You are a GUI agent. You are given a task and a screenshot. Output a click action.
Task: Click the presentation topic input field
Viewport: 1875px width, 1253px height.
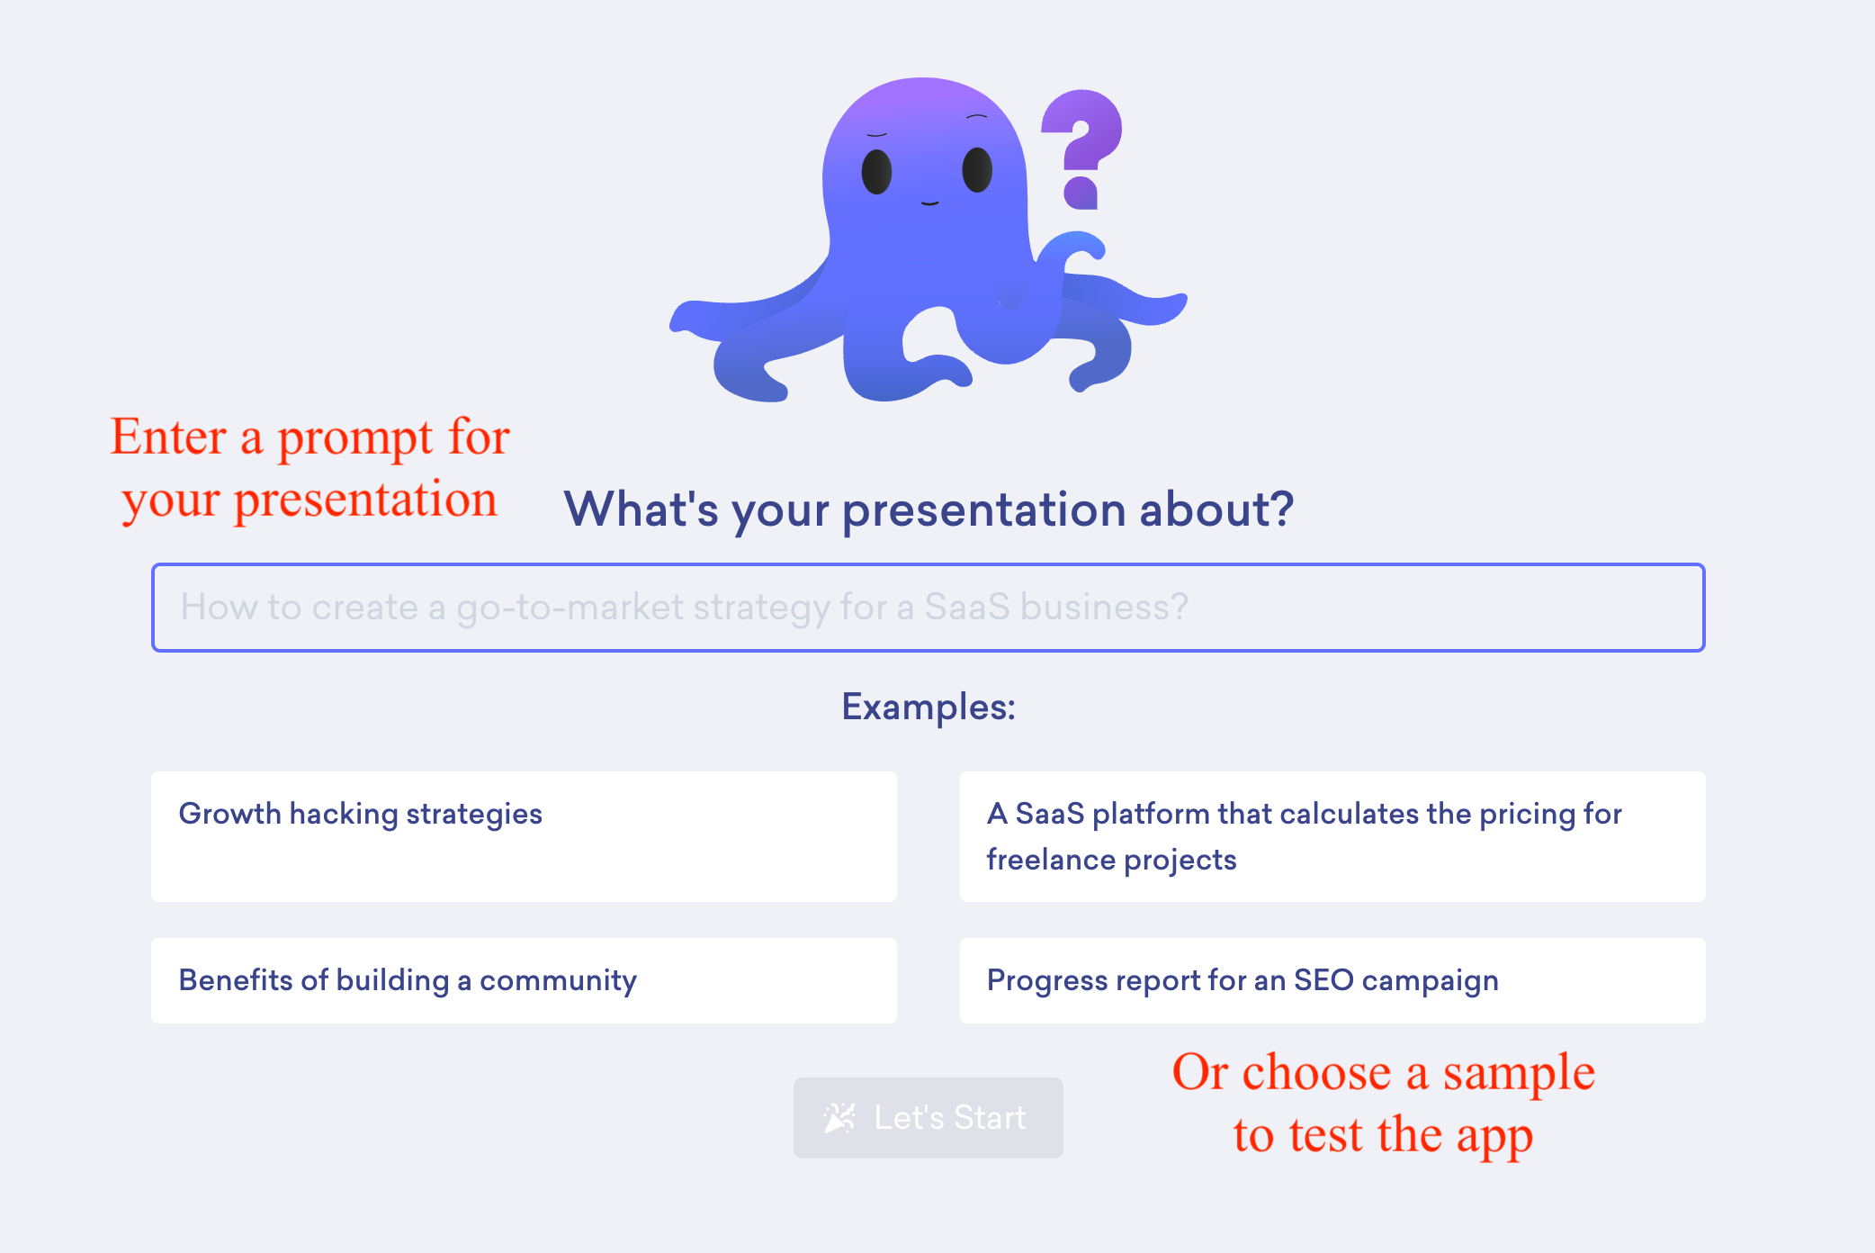[928, 608]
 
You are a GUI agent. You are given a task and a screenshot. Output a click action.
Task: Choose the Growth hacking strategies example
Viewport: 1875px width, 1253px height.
[524, 836]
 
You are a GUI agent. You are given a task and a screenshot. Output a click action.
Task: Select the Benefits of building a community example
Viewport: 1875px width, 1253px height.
[524, 980]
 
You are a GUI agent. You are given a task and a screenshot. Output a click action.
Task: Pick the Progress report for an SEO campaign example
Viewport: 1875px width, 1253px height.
[1332, 980]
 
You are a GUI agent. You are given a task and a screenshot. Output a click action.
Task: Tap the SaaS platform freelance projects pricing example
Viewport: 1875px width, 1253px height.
[1332, 836]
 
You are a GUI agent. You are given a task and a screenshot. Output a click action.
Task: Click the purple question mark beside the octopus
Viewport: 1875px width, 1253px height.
[1081, 149]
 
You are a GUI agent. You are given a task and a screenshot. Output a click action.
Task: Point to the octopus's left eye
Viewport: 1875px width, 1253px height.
[876, 171]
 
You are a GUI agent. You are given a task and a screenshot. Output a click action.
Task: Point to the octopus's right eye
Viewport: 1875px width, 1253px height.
[977, 169]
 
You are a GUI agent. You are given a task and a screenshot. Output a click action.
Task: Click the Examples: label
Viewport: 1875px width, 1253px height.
[929, 707]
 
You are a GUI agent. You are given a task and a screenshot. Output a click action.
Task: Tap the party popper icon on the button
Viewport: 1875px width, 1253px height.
[839, 1118]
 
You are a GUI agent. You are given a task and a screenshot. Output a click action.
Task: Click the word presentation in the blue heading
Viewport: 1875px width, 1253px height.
[983, 509]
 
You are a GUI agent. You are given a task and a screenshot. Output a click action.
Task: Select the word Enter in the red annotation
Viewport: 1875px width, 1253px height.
[168, 437]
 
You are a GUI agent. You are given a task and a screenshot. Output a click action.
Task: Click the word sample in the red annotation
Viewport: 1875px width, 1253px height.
[1519, 1073]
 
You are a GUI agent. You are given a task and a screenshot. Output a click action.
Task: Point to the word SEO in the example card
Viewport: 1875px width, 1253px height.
[1323, 979]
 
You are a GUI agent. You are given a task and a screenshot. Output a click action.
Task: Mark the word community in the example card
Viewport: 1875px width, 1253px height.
[558, 980]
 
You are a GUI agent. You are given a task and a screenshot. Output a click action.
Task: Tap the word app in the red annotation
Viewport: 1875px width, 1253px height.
[1494, 1137]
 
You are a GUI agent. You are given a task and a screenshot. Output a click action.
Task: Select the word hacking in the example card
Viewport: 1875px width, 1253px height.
[344, 814]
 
